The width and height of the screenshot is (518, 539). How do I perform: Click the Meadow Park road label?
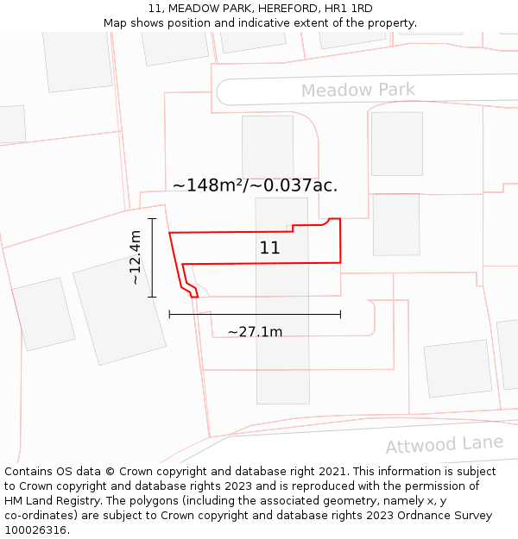point(357,90)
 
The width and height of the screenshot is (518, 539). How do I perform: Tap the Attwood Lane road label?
point(444,444)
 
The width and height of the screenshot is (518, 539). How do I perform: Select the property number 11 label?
point(269,248)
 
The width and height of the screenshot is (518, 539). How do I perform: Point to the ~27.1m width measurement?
point(255,331)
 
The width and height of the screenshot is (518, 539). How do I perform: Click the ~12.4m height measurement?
point(136,257)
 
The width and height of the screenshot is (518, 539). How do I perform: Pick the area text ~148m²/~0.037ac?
point(255,185)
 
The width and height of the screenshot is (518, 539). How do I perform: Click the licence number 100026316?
point(36,530)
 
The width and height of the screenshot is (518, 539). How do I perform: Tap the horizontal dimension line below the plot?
point(255,315)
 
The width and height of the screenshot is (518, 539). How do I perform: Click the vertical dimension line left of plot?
point(152,257)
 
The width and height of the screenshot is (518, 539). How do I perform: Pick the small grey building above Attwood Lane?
point(457,368)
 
